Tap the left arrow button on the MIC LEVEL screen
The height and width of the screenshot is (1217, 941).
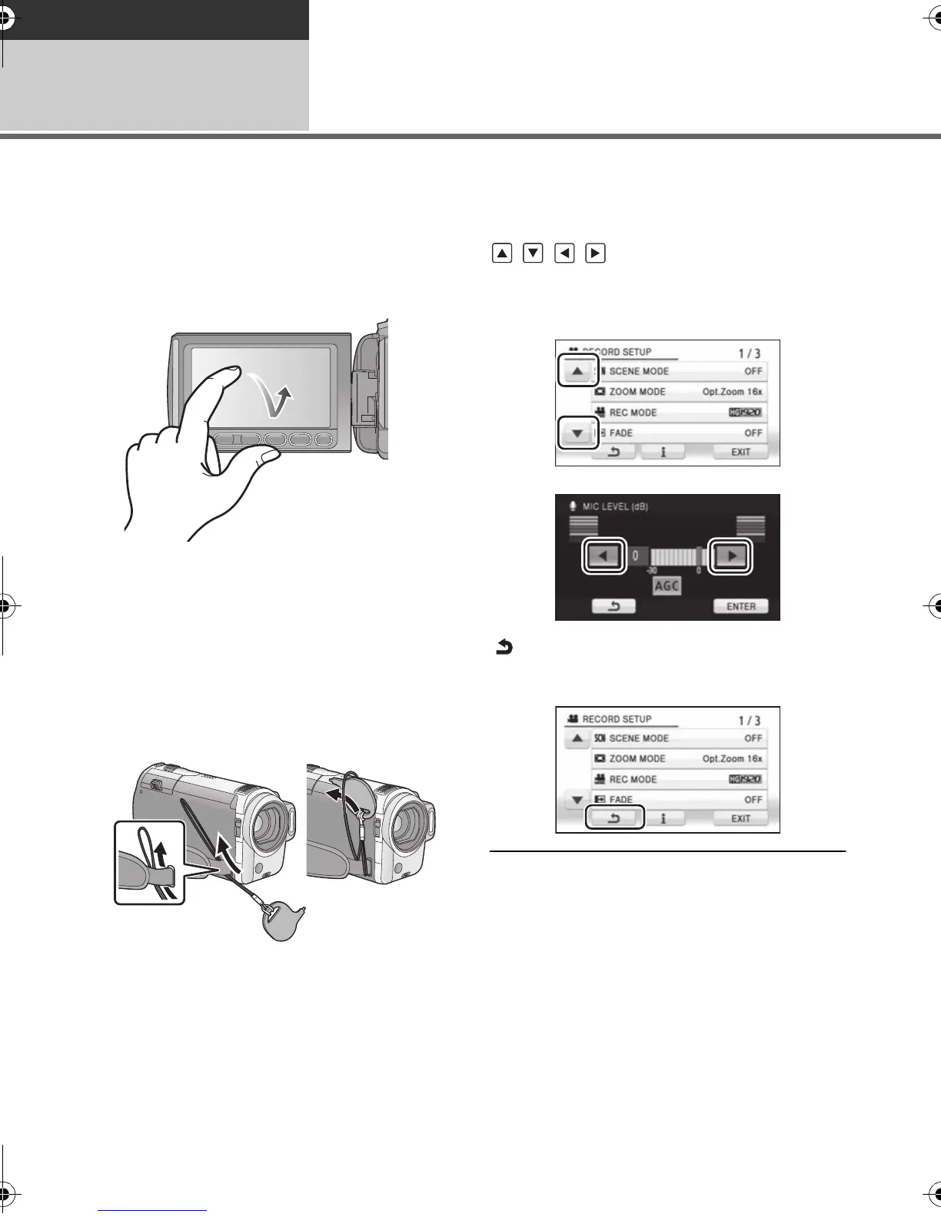606,555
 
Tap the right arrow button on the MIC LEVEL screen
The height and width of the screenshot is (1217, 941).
730,555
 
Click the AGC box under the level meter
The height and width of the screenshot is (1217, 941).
667,586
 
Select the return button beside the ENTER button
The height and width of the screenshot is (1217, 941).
613,606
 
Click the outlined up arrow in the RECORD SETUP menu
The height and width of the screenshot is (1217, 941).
577,372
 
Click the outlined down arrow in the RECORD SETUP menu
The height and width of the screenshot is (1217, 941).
577,433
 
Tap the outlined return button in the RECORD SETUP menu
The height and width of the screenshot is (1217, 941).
614,818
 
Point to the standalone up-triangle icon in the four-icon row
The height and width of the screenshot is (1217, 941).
502,253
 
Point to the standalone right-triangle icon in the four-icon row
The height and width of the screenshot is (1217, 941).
595,253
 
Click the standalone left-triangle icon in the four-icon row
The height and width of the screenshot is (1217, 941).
564,253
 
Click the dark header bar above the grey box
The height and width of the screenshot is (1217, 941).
155,19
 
